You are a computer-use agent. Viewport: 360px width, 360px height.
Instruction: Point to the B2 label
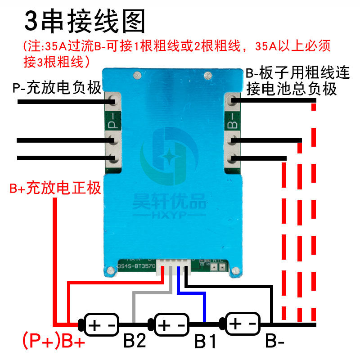(x=135, y=341)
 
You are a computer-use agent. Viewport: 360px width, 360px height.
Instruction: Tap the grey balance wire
(x=134, y=306)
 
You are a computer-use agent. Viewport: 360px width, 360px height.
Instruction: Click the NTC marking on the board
(x=218, y=260)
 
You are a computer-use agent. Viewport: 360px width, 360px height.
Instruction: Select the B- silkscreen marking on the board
(x=233, y=122)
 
